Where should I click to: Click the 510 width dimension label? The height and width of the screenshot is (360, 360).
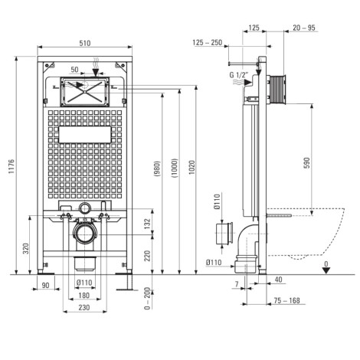pyautogui.click(x=84, y=43)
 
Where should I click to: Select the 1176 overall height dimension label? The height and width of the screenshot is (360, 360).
pyautogui.click(x=11, y=166)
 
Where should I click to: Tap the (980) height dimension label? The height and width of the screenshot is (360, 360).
pyautogui.click(x=157, y=169)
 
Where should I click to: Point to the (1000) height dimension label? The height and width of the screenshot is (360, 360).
pyautogui.click(x=175, y=168)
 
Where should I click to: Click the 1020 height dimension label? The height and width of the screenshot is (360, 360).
pyautogui.click(x=192, y=168)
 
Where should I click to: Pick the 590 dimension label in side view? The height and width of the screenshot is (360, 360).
pyautogui.click(x=306, y=163)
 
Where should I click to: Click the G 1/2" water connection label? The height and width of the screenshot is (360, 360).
pyautogui.click(x=238, y=75)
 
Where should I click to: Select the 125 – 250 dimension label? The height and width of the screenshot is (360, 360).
pyautogui.click(x=207, y=42)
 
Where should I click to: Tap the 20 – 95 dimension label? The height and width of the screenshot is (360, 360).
pyautogui.click(x=303, y=28)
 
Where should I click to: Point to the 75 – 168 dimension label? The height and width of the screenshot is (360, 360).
pyautogui.click(x=286, y=300)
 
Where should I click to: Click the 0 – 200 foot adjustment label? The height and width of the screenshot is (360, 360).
pyautogui.click(x=147, y=298)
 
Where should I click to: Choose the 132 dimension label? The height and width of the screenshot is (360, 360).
pyautogui.click(x=148, y=224)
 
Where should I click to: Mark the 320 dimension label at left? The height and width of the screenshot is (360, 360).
pyautogui.click(x=26, y=248)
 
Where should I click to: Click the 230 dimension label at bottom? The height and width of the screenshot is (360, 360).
pyautogui.click(x=84, y=307)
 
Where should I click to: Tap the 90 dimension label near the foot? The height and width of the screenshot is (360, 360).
pyautogui.click(x=45, y=285)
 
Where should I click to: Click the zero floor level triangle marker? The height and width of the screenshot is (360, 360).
pyautogui.click(x=326, y=270)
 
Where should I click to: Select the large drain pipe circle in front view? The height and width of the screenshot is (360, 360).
pyautogui.click(x=85, y=234)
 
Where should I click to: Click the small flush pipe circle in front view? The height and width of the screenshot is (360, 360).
pyautogui.click(x=84, y=208)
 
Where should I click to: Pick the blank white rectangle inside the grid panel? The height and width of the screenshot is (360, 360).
pyautogui.click(x=85, y=135)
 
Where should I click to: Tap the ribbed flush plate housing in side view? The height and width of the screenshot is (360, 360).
pyautogui.click(x=277, y=89)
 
